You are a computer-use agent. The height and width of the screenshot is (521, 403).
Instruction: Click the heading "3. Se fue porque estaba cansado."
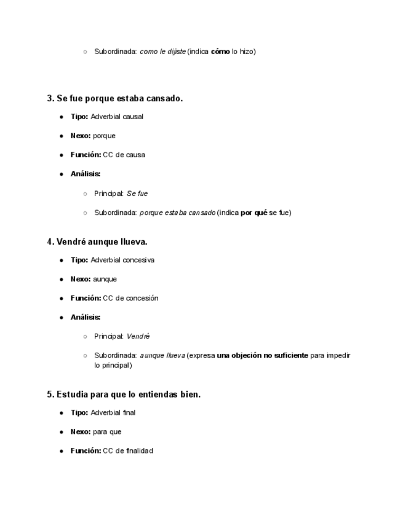pos(114,98)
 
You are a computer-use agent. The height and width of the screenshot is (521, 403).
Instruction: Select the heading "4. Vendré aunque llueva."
pos(97,241)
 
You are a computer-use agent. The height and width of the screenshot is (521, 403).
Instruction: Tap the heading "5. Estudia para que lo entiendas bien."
pos(124,394)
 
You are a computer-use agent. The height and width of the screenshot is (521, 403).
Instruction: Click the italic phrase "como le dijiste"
pos(162,52)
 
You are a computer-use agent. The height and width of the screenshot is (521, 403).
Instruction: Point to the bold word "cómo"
pos(220,52)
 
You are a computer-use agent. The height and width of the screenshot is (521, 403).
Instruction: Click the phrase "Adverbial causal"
pos(117,117)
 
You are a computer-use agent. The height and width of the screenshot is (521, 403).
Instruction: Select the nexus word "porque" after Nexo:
pos(104,136)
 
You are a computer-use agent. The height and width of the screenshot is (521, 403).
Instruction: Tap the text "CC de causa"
pos(124,155)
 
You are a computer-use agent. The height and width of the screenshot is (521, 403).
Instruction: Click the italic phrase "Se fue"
pos(137,194)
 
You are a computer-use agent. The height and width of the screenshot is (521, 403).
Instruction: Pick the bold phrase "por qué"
pos(253,213)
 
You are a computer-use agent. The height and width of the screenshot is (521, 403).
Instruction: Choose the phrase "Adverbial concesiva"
pos(122,260)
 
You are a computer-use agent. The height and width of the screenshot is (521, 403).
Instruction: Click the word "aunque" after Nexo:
pos(105,279)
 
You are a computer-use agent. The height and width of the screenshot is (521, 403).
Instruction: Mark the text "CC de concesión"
pos(130,298)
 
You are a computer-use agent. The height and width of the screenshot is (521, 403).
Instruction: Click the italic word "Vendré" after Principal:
pos(138,337)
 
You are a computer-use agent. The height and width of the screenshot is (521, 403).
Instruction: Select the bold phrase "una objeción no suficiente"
pos(262,356)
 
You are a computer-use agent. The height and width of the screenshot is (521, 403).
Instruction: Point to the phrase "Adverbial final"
pos(113,413)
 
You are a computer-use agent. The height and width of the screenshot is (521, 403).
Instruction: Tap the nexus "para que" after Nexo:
pos(107,432)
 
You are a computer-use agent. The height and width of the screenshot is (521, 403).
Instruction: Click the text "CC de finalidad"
pos(128,451)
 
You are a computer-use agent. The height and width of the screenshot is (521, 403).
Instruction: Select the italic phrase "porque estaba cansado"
pos(177,213)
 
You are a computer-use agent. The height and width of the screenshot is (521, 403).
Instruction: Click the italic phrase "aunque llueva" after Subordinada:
pos(162,356)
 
